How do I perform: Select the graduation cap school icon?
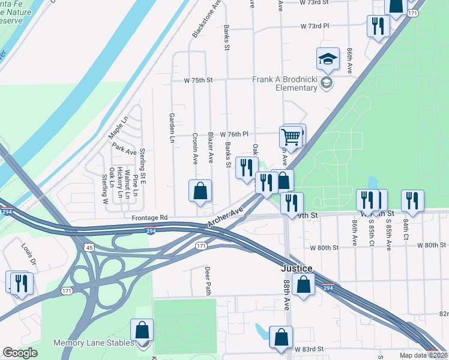(x=328, y=59)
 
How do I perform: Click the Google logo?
(x=20, y=353)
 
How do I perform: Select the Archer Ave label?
(x=226, y=217)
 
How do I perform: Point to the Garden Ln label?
(x=172, y=128)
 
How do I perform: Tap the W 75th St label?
(x=199, y=80)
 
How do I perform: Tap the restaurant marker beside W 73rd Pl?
(x=378, y=26)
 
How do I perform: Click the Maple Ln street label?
(x=118, y=128)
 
